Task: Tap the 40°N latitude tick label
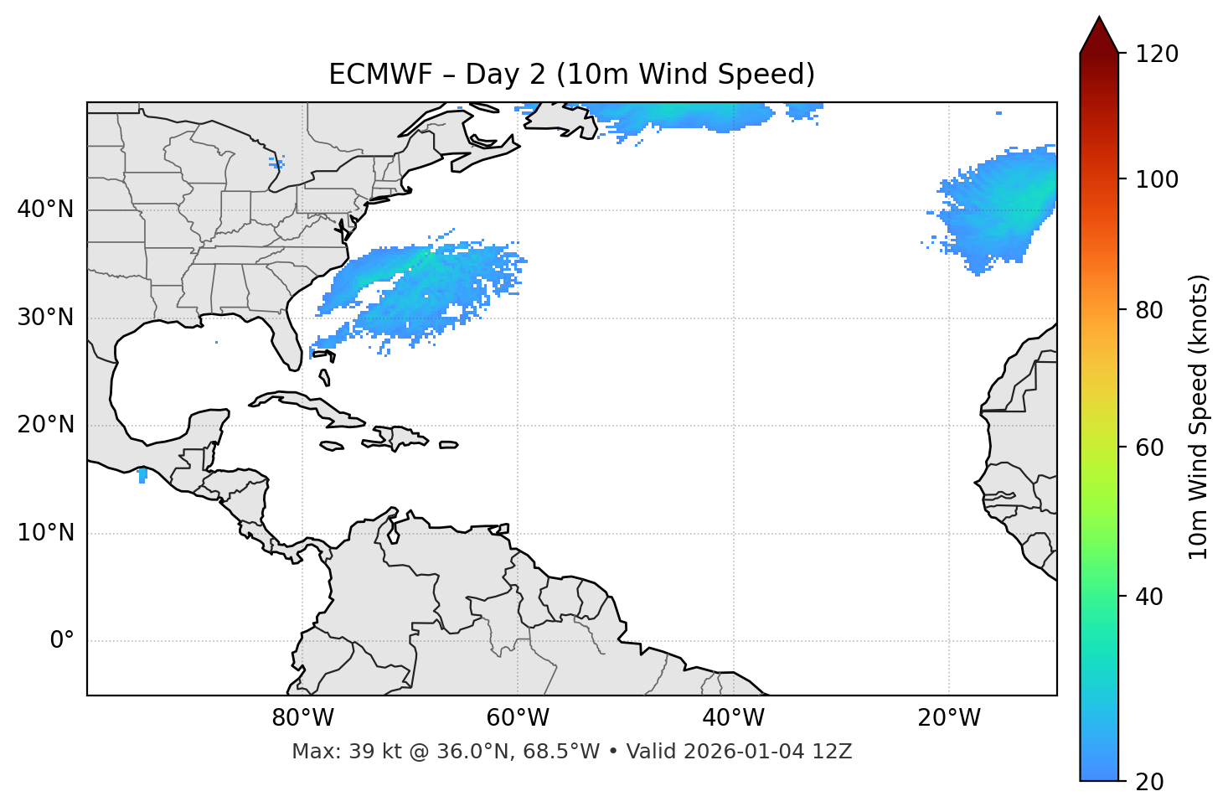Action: click(45, 209)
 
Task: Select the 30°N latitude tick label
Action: click(45, 318)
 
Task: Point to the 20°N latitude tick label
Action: click(45, 425)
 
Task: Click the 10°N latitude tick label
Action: click(45, 533)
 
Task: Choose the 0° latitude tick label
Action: click(62, 641)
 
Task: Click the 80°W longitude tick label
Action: click(302, 718)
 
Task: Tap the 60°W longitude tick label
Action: click(518, 718)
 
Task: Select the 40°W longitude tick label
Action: click(733, 718)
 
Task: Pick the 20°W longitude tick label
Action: click(948, 718)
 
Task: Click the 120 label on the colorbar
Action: click(1156, 54)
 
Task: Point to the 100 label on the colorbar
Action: click(1156, 179)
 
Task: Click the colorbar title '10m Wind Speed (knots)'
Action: click(1199, 416)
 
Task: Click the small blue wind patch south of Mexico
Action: click(142, 475)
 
